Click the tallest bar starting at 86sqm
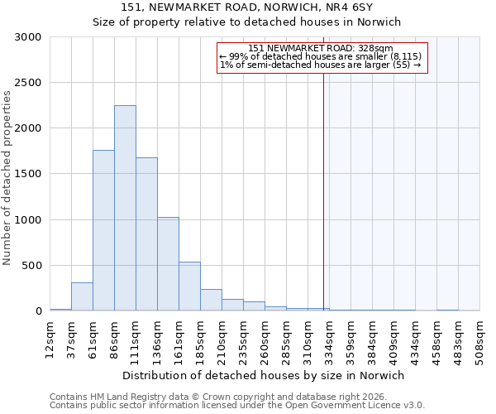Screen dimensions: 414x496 pyautogui.click(x=125, y=208)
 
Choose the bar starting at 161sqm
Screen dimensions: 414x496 pyautogui.click(x=189, y=286)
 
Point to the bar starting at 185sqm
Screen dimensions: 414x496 pyautogui.click(x=211, y=300)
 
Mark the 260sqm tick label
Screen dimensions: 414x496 pyautogui.click(x=265, y=337)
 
